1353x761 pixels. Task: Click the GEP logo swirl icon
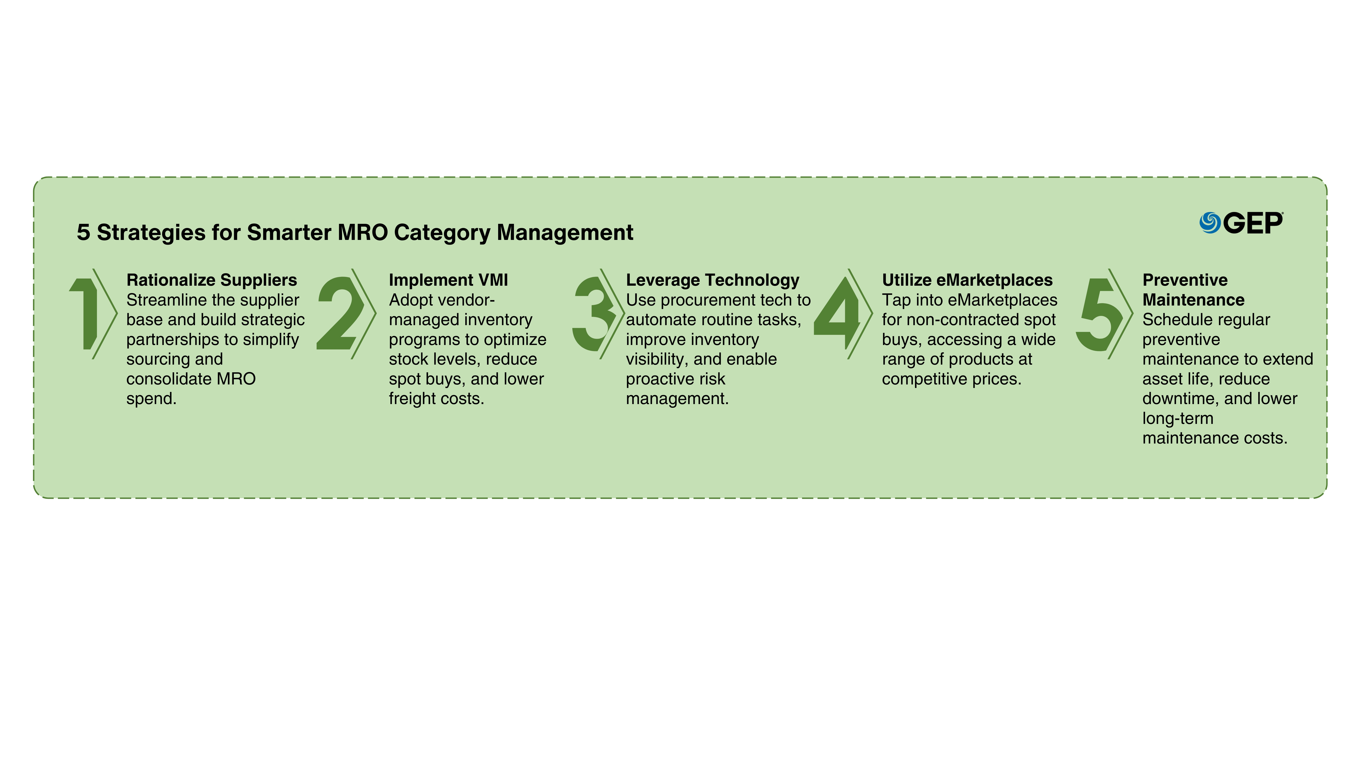tap(1210, 223)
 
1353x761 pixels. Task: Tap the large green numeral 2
tap(340, 314)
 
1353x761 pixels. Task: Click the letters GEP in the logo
tap(1253, 223)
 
